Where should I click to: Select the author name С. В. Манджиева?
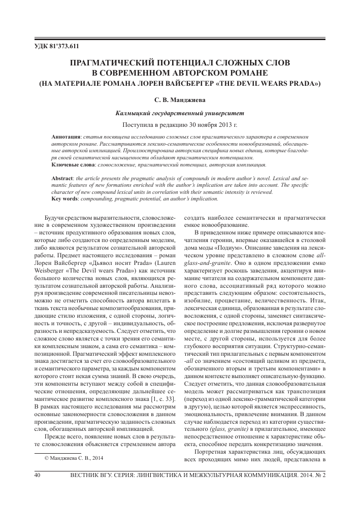coord(179,100)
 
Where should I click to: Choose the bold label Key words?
coord(66,199)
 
